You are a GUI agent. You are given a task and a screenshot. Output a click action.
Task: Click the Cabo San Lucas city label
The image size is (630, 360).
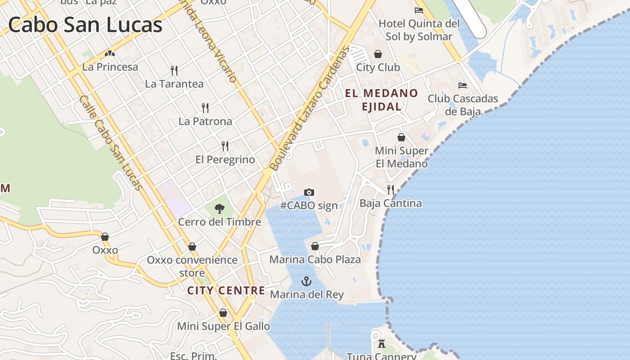tap(85, 24)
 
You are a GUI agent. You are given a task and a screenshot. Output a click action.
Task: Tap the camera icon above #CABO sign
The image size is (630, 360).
tap(309, 193)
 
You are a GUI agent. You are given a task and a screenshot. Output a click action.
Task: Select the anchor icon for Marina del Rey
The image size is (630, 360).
tap(306, 282)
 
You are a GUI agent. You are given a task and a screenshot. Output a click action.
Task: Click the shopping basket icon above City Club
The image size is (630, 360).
tap(378, 54)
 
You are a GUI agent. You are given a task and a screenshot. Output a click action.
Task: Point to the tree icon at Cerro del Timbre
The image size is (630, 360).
tap(220, 208)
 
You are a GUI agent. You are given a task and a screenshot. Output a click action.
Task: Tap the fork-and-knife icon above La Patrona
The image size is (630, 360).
tap(205, 108)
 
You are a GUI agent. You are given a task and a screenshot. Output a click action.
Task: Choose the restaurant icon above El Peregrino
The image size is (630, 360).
tap(225, 146)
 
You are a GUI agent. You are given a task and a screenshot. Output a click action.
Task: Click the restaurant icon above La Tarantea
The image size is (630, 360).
tap(174, 70)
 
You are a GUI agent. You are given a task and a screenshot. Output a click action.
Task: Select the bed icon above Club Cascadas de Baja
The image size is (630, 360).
tap(463, 85)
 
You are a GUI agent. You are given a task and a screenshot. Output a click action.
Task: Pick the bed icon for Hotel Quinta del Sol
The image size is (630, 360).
tap(419, 10)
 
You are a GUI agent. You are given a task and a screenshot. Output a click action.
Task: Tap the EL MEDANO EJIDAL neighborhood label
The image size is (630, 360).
tap(382, 100)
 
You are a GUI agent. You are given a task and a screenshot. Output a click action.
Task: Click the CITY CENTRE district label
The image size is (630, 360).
tap(226, 290)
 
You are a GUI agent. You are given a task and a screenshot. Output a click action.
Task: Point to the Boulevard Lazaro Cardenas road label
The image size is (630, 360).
tap(310, 108)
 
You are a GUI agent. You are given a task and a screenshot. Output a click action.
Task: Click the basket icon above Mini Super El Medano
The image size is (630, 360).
tap(401, 137)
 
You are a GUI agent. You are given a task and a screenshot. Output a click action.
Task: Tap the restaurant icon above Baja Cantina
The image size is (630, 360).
tap(391, 189)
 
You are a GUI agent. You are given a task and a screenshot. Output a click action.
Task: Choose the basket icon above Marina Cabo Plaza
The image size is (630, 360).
tap(315, 246)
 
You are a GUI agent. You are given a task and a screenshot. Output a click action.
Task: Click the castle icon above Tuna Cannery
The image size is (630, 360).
tap(382, 344)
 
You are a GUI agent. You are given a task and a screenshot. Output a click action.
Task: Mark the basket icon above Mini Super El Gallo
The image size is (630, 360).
tap(223, 313)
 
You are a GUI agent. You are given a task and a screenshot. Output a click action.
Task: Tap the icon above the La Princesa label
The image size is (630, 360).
tap(110, 54)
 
